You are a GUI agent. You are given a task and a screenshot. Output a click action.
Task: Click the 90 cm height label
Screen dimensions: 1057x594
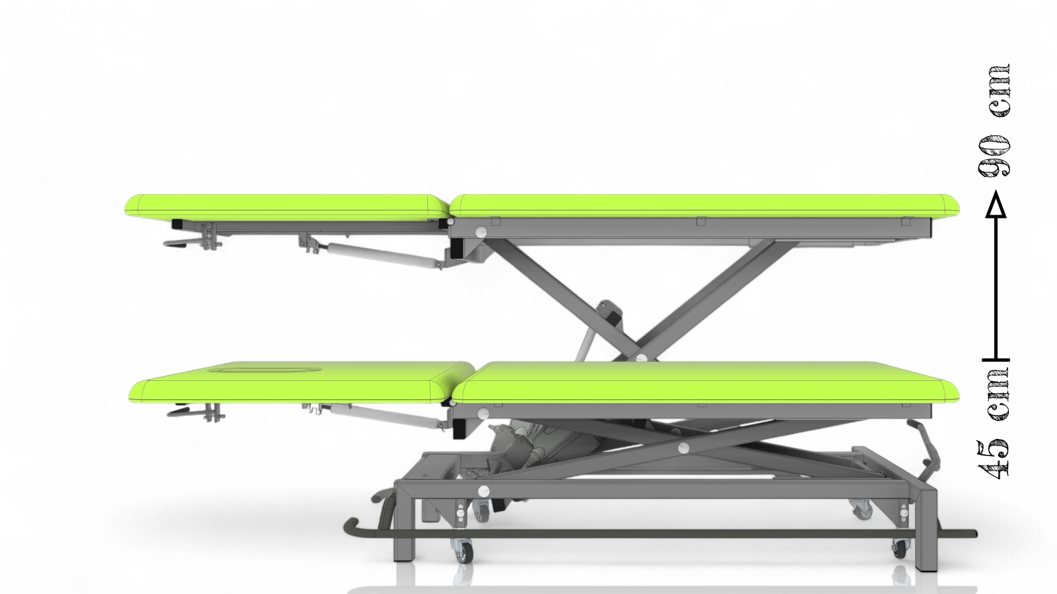pyautogui.click(x=994, y=120)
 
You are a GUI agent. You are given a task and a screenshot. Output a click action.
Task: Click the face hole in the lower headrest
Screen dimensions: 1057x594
pyautogui.click(x=264, y=370)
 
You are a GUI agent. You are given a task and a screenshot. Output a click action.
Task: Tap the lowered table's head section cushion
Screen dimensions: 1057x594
pyautogui.click(x=302, y=383)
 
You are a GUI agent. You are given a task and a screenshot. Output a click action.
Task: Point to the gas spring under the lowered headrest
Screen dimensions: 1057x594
pyautogui.click(x=387, y=416)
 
